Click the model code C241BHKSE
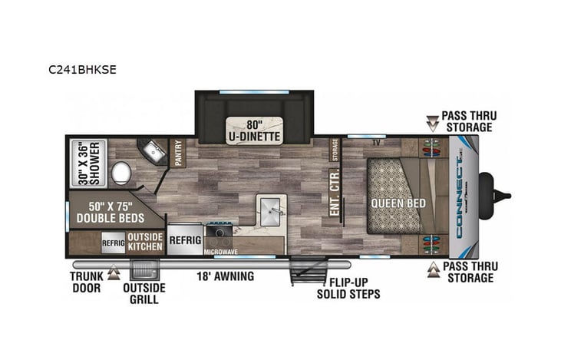82,68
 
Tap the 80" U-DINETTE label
252,130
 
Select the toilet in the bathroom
120,173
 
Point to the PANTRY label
178,154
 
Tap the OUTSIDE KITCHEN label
144,241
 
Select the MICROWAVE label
221,251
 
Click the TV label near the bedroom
376,143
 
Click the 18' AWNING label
225,276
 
